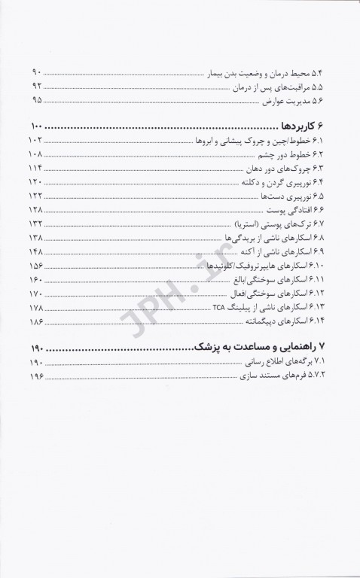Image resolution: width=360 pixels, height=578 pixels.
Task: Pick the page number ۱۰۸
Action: (x=37, y=155)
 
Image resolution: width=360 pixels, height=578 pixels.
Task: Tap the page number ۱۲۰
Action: (x=37, y=183)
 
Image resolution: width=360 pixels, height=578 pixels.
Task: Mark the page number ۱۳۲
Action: (x=37, y=224)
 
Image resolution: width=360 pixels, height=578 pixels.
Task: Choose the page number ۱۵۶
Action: (x=37, y=266)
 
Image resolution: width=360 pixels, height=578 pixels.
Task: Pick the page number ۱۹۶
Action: (x=37, y=376)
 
